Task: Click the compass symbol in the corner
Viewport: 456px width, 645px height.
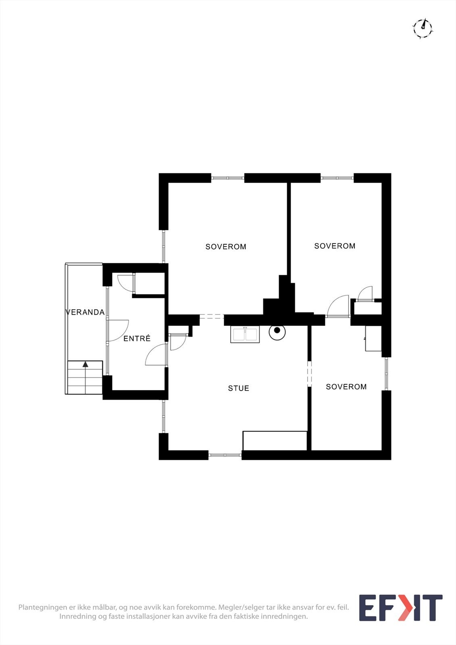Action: tap(422, 28)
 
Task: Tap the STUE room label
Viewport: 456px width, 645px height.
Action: tap(238, 388)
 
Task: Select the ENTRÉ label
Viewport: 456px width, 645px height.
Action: tap(137, 339)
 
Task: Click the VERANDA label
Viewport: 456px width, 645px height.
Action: tap(85, 312)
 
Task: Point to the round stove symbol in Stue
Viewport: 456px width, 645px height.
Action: tap(277, 331)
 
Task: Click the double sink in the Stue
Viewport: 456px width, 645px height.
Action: tap(245, 335)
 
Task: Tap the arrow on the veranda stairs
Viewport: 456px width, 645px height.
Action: tap(85, 364)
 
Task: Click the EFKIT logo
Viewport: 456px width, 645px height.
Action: tap(400, 608)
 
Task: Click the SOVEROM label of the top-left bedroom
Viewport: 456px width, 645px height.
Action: tap(226, 247)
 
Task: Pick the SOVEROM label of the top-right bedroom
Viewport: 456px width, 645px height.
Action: tap(335, 246)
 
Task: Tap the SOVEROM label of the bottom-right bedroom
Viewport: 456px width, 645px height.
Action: tap(346, 387)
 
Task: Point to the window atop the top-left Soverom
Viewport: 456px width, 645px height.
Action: tap(228, 178)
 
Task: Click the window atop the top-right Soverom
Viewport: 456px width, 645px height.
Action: tap(337, 178)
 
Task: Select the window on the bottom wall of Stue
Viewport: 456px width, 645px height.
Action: tap(225, 455)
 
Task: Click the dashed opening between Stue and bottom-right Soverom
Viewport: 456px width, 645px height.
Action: tap(309, 373)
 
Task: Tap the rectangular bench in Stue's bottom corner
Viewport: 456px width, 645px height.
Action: tap(275, 440)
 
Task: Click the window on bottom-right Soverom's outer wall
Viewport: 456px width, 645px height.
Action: tap(386, 374)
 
